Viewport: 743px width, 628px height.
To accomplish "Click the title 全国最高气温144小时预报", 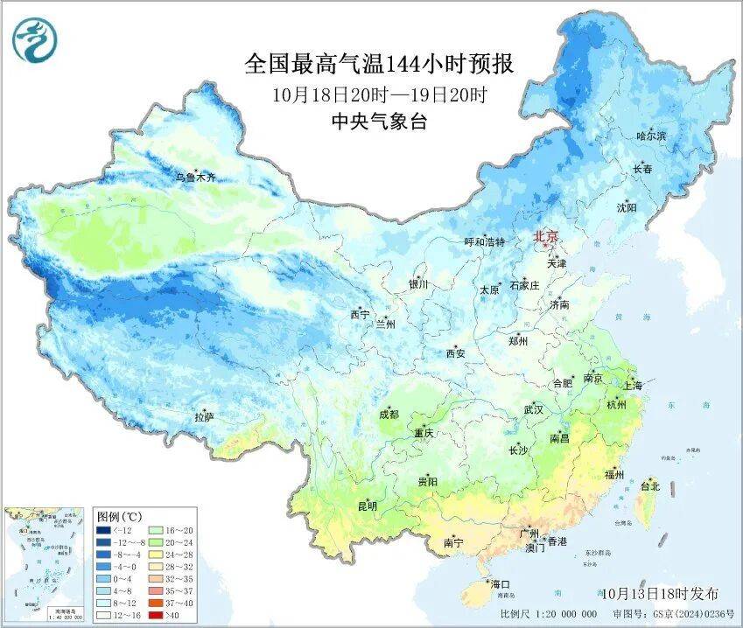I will click(378, 65).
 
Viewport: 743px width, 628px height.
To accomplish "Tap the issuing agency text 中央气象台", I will click(378, 122).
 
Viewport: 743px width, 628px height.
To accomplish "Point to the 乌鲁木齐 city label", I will click(194, 178).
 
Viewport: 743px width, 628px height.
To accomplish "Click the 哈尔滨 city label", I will click(651, 136).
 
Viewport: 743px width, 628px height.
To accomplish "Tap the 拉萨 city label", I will click(204, 418).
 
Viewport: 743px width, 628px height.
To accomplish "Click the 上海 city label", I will click(631, 385).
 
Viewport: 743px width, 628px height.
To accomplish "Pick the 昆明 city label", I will click(367, 506).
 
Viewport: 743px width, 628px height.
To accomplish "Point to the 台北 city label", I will click(649, 486).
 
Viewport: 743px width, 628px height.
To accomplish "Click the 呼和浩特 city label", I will click(484, 241).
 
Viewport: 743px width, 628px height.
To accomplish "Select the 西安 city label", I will click(456, 353).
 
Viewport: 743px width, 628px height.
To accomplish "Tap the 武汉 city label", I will click(533, 409).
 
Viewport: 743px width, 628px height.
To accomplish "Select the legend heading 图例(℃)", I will click(114, 516).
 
